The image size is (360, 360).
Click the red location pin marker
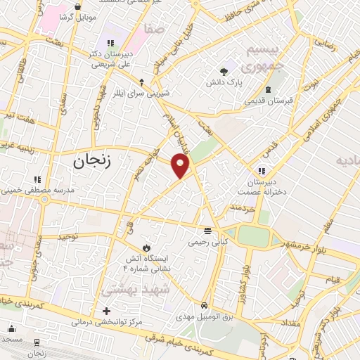pos(181,166)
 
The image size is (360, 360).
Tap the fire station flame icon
pos(146,247)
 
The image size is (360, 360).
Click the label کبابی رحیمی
pos(207,241)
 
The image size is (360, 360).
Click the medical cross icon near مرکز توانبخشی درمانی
pos(106,311)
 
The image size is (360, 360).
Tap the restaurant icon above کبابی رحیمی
pos(207,230)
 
